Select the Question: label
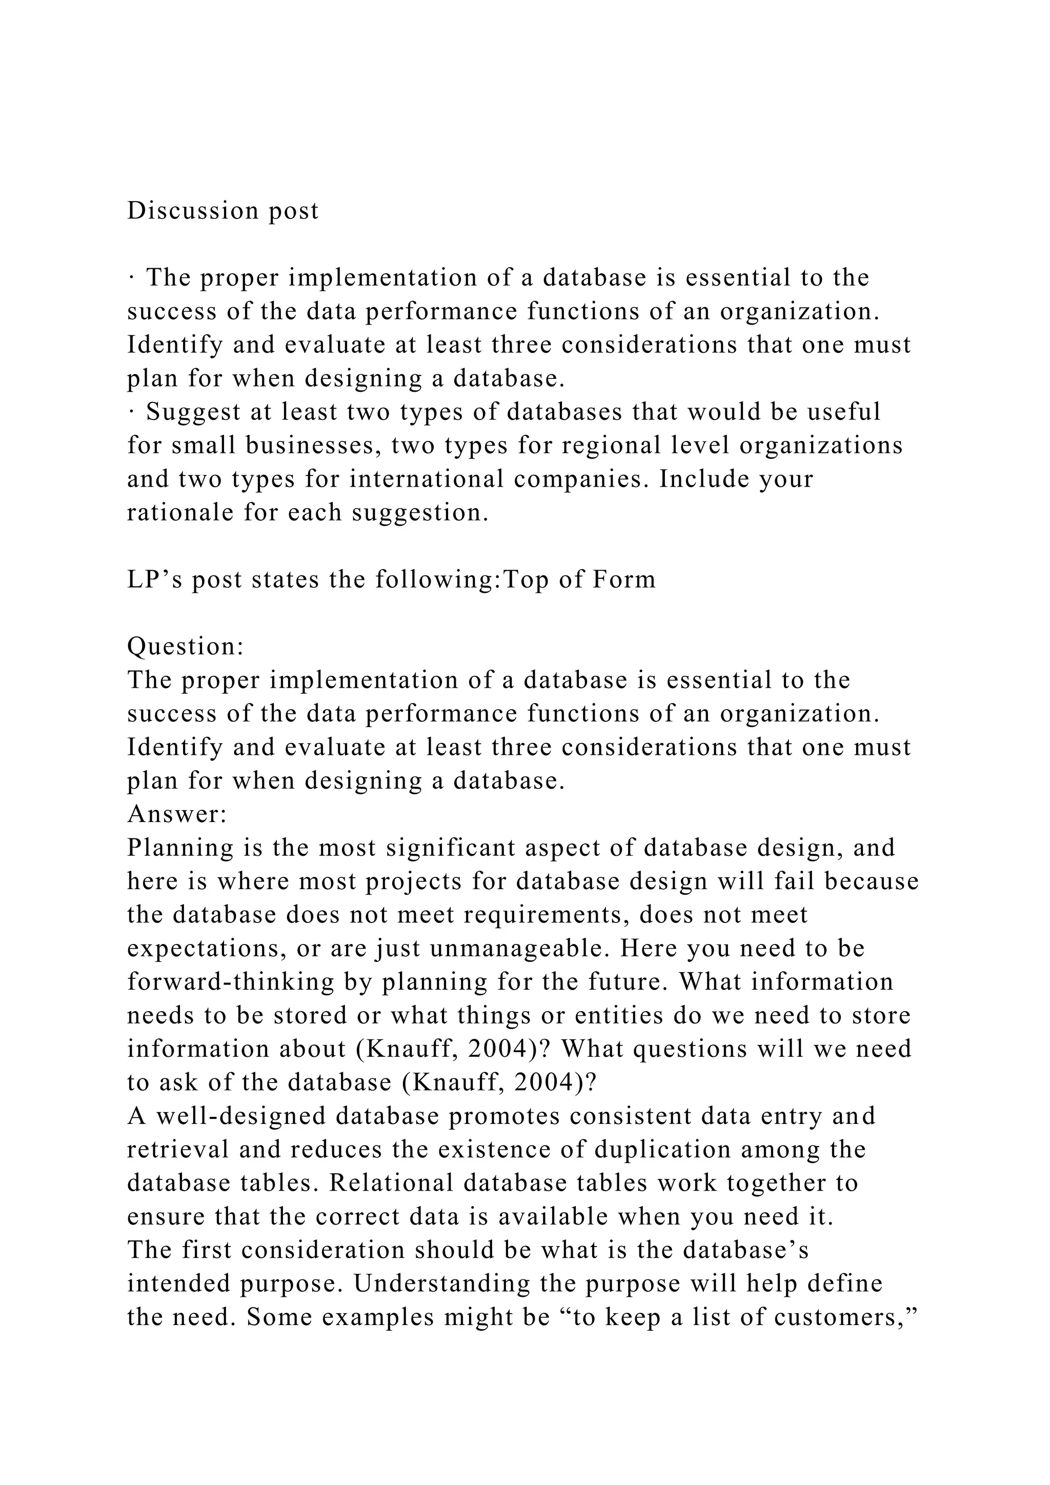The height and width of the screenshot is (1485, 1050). [x=186, y=647]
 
